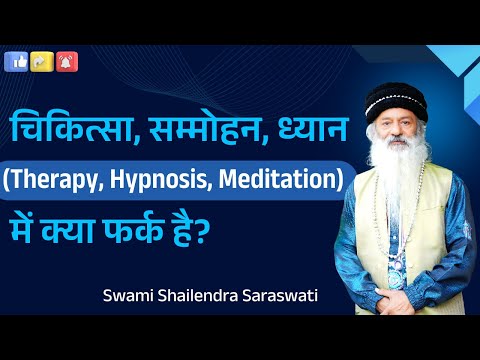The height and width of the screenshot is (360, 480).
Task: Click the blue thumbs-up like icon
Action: pos(18,62)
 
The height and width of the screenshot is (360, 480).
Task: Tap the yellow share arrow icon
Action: pos(43,62)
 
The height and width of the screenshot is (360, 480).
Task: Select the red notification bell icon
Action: pos(68,62)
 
